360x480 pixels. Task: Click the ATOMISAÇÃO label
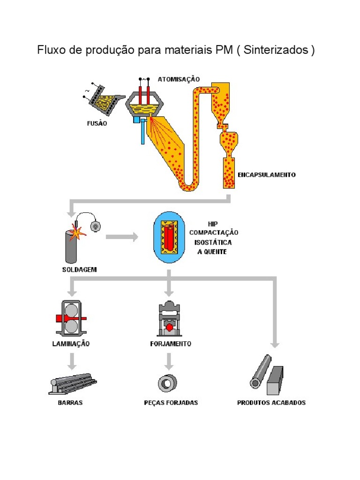179,79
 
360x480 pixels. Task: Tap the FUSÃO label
97,123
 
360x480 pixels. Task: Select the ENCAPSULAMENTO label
267,175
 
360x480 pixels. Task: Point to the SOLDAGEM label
80,270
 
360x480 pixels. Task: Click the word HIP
213,224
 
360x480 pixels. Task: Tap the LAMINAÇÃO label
71,344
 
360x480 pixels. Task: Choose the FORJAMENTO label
171,344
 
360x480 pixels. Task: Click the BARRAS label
70,403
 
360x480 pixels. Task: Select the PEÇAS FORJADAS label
171,403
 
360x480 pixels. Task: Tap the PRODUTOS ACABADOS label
271,403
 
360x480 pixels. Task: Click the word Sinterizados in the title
276,50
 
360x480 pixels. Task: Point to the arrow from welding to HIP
122,237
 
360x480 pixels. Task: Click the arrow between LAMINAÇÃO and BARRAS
72,361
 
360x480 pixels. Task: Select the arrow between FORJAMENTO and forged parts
169,361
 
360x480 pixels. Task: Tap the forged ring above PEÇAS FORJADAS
167,383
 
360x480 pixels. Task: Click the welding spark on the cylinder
78,232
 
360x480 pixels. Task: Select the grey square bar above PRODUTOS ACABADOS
275,380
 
